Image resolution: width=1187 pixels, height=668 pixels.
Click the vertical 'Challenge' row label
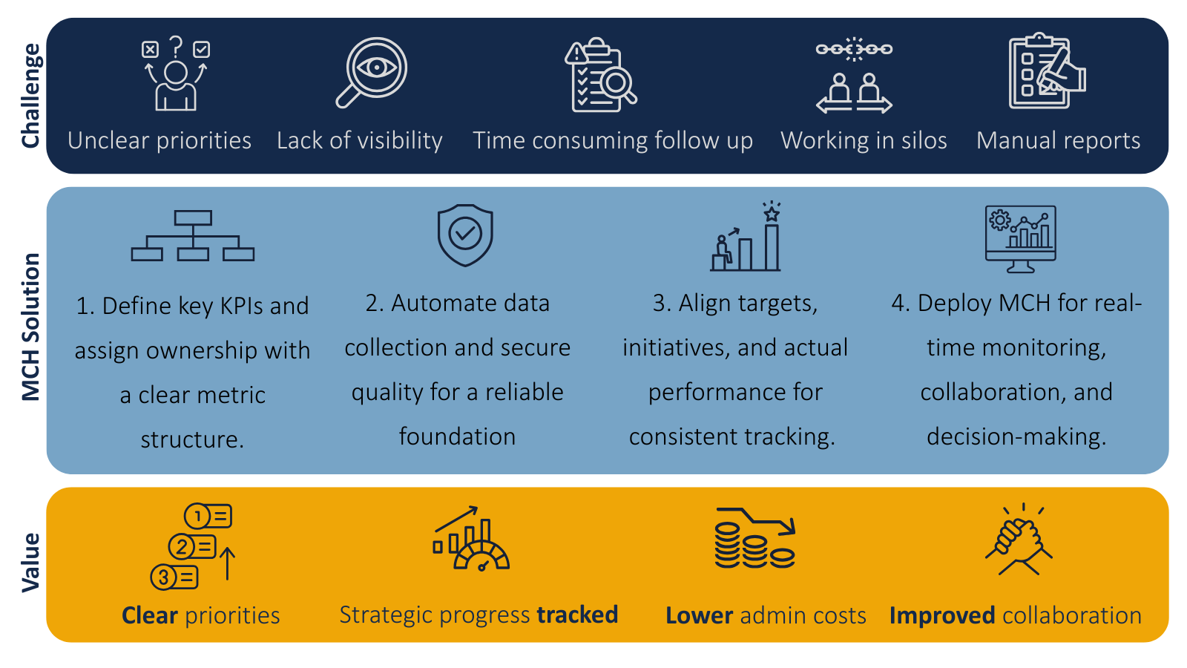tap(30, 96)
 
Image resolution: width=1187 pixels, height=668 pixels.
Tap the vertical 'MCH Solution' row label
tap(30, 327)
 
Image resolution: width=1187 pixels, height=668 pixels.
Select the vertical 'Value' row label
tap(30, 563)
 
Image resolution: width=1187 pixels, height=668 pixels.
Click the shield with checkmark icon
tap(465, 235)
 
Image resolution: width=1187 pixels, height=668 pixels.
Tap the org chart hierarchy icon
tap(193, 235)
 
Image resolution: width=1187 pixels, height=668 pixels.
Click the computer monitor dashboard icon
tap(1021, 239)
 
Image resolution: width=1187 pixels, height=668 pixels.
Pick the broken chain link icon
tap(854, 49)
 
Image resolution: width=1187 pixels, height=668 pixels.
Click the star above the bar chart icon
tap(772, 214)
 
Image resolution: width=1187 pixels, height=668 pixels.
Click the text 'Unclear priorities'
tap(160, 141)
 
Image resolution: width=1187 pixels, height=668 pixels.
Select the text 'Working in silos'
tap(864, 141)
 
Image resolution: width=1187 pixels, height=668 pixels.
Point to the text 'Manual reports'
tap(1058, 141)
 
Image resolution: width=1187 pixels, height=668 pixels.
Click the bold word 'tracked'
tap(577, 615)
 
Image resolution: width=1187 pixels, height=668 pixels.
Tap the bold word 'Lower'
tap(700, 615)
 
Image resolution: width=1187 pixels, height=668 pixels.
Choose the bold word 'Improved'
tap(942, 616)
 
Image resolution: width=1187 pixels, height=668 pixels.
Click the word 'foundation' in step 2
tap(457, 437)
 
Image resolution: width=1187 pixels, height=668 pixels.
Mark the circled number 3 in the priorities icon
tap(163, 577)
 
